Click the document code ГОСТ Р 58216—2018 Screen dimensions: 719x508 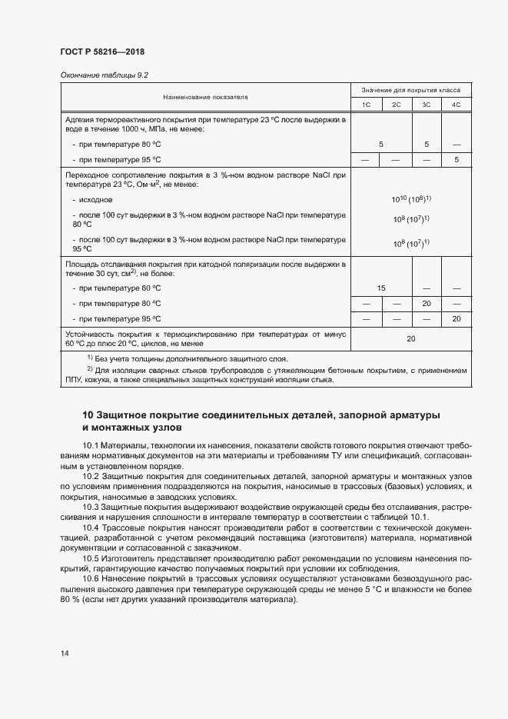[x=101, y=52]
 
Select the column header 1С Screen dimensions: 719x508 [x=367, y=105]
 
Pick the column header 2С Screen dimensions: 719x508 [x=396, y=105]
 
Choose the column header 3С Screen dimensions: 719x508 [x=427, y=105]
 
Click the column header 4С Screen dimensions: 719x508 [x=456, y=105]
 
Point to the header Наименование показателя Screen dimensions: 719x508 [x=205, y=98]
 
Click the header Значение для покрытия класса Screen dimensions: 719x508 [x=411, y=90]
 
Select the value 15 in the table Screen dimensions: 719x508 [x=381, y=288]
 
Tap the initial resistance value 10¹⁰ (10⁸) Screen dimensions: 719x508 [x=411, y=199]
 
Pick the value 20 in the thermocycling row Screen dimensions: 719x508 [x=411, y=339]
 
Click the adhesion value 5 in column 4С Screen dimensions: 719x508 [x=456, y=159]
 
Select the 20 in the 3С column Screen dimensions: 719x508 [x=427, y=303]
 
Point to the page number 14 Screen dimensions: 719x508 [x=64, y=654]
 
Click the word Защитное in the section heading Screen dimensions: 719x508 [x=132, y=415]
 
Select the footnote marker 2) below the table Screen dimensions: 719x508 [x=90, y=370]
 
